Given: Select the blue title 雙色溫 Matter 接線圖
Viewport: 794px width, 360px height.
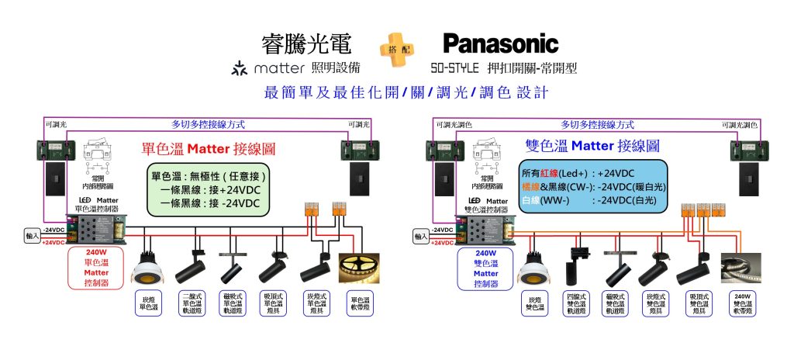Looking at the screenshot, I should [x=592, y=145].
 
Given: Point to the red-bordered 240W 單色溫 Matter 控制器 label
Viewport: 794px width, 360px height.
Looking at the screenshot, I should [x=96, y=268].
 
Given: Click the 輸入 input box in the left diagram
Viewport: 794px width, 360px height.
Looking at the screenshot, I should [x=32, y=236].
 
